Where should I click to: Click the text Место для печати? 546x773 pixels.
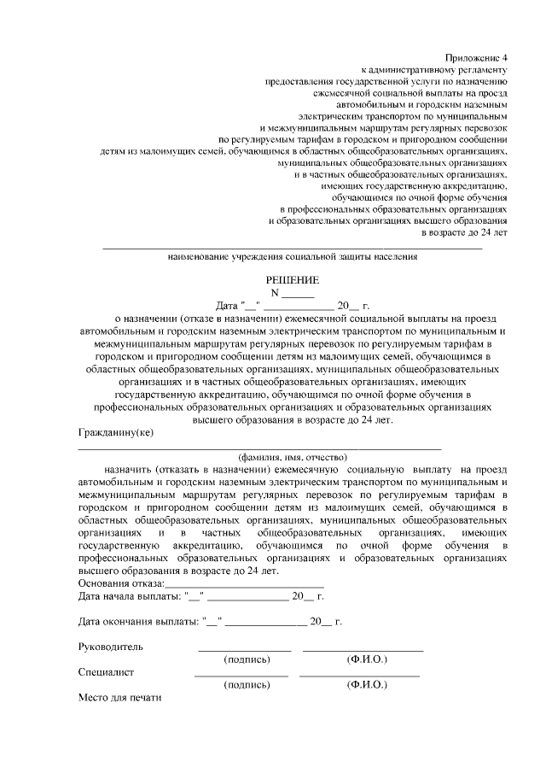click(119, 697)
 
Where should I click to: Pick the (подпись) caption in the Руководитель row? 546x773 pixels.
click(247, 660)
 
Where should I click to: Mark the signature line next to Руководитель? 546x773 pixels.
click(244, 651)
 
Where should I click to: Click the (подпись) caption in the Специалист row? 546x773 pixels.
click(247, 685)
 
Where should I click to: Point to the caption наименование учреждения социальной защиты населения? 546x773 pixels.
click(293, 255)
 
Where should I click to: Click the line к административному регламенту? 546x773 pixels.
click(435, 67)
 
